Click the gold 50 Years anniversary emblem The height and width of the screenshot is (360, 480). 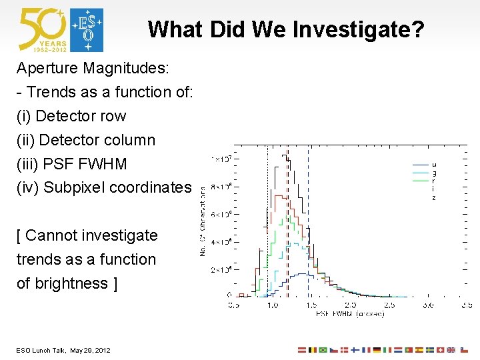[43, 30]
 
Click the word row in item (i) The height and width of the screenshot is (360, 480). [113, 116]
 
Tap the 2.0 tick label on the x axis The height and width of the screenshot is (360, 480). [350, 305]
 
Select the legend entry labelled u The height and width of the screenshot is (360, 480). [434, 164]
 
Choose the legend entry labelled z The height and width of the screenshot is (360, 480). [434, 198]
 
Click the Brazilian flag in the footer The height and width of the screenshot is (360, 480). [323, 350]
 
